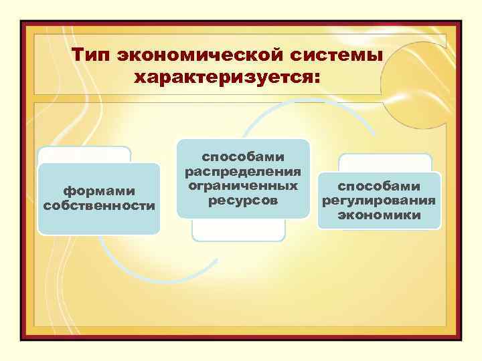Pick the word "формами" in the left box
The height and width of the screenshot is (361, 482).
(x=99, y=192)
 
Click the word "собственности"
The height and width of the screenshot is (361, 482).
(x=99, y=205)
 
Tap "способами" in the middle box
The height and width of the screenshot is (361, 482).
(x=243, y=156)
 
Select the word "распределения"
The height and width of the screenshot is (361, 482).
(x=243, y=170)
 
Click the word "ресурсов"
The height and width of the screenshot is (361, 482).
(x=243, y=199)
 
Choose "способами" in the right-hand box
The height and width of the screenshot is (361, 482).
(x=379, y=187)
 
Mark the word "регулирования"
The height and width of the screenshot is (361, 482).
(x=379, y=201)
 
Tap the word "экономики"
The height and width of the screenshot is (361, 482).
(x=379, y=215)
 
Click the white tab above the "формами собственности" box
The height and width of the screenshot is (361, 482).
(x=84, y=154)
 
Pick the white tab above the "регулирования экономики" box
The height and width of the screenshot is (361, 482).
(x=385, y=162)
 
